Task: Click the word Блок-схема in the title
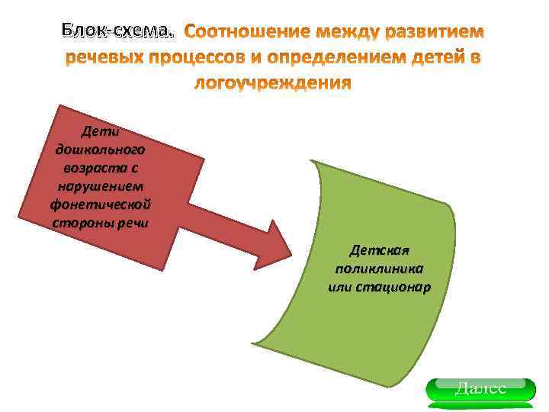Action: (117, 31)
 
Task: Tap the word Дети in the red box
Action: (101, 132)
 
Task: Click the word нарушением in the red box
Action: (101, 186)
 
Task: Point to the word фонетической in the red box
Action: (101, 204)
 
